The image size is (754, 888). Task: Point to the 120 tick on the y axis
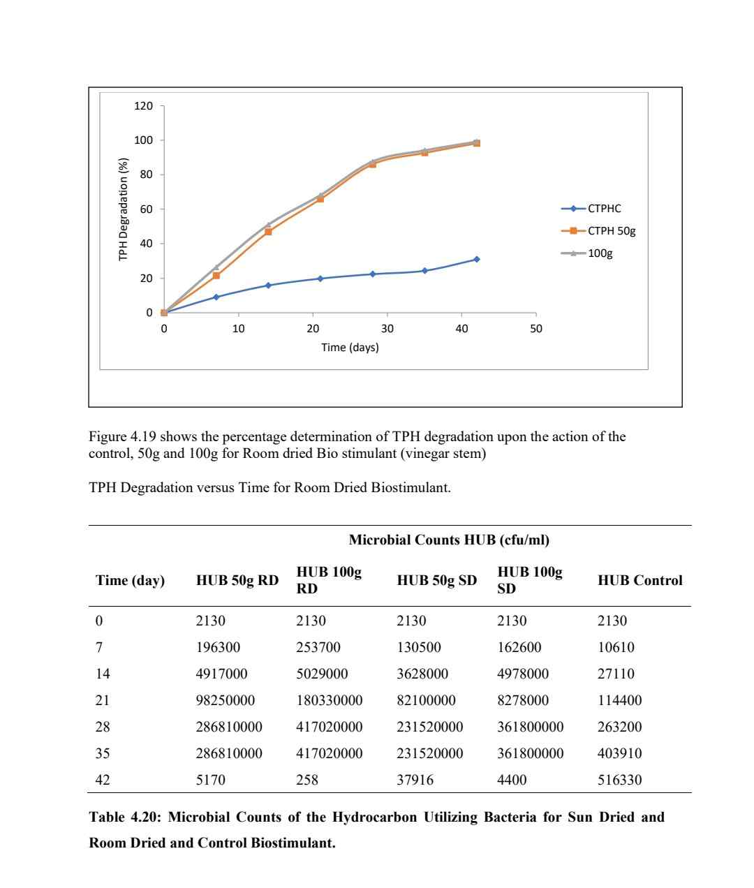pos(143,106)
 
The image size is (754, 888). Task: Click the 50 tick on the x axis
pos(535,328)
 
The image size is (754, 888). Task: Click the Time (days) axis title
pos(350,347)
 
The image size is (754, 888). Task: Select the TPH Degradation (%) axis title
pos(124,209)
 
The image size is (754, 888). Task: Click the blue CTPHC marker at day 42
pos(477,259)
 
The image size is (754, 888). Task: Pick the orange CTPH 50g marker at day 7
pos(216,276)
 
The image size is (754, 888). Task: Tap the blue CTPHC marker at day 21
pos(320,279)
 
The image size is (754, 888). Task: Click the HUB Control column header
pos(640,580)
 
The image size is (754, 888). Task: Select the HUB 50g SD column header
pos(436,580)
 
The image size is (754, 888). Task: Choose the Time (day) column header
pos(130,580)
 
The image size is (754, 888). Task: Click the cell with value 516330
pos(619,780)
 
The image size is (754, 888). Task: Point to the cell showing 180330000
pos(329,700)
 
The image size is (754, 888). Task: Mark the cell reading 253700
pos(318,647)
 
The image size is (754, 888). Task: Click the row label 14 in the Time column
pos(103,674)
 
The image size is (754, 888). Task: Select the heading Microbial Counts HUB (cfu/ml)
pos(449,540)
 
